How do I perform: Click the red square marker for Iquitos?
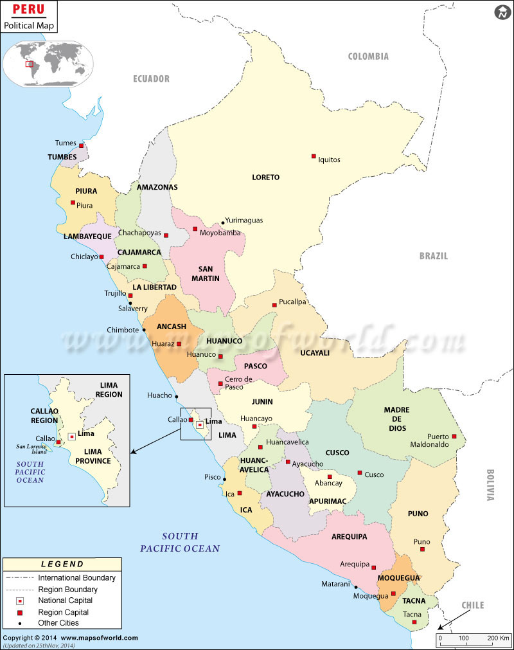[x=314, y=156]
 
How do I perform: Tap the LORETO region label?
[x=265, y=177]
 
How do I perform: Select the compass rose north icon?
[x=502, y=12]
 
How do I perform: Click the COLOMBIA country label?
[x=368, y=57]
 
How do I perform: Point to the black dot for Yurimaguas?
[x=223, y=222]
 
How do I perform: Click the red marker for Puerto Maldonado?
[x=454, y=437]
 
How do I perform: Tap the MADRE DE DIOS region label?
[x=396, y=419]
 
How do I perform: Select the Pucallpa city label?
[x=292, y=302]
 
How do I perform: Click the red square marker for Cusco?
[x=360, y=473]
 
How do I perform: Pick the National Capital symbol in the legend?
[x=21, y=600]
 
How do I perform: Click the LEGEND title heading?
[x=62, y=564]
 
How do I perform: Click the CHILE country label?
[x=472, y=606]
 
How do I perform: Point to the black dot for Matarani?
[x=355, y=586]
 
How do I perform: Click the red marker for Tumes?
[x=81, y=145]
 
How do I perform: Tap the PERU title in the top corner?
[x=29, y=10]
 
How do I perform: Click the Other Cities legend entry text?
[x=58, y=622]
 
